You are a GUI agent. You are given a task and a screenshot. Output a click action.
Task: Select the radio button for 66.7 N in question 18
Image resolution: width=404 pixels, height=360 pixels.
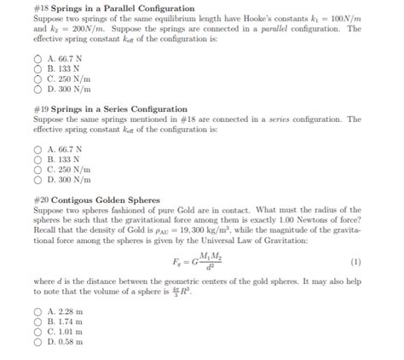(38, 59)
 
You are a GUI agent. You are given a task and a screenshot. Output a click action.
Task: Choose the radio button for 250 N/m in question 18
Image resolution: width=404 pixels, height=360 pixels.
(38, 78)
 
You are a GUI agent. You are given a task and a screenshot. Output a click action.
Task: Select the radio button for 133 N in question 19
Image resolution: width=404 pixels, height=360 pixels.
(38, 160)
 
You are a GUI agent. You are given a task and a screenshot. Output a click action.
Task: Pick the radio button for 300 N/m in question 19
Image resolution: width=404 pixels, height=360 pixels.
(38, 180)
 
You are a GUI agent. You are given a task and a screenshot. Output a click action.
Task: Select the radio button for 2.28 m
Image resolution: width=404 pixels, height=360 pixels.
(38, 312)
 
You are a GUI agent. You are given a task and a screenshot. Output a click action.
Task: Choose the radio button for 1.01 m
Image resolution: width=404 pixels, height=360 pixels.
(38, 332)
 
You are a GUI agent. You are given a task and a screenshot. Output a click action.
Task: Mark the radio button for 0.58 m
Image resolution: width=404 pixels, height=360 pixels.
(38, 342)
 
